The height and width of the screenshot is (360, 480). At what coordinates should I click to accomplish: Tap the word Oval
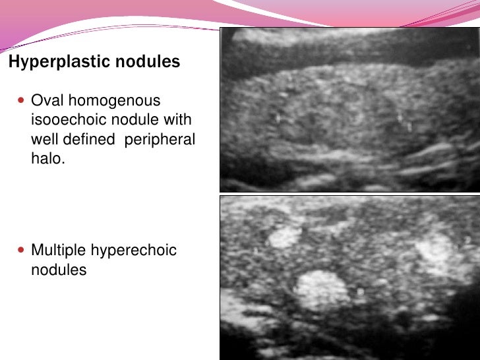click(x=46, y=101)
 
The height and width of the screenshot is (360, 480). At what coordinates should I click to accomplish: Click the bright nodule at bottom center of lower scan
click(x=321, y=289)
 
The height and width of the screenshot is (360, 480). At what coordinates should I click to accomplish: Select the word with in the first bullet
click(x=177, y=120)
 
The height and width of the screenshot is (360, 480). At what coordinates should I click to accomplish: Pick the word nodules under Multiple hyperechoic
click(x=59, y=270)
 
